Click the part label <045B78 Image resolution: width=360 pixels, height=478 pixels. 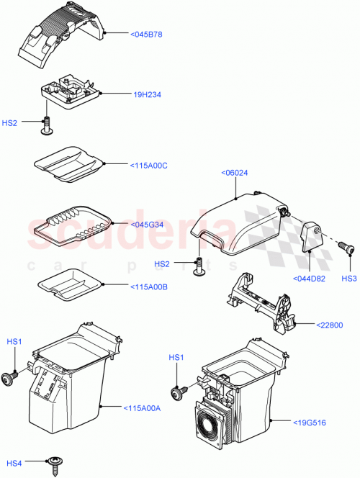[x=146, y=34]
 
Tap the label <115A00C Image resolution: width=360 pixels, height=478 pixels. [x=149, y=165]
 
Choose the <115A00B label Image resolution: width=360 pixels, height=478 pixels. [x=148, y=287]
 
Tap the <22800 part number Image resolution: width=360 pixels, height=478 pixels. [x=332, y=325]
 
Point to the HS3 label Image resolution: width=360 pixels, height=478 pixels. [x=349, y=279]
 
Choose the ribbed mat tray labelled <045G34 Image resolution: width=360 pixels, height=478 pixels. [x=71, y=225]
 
